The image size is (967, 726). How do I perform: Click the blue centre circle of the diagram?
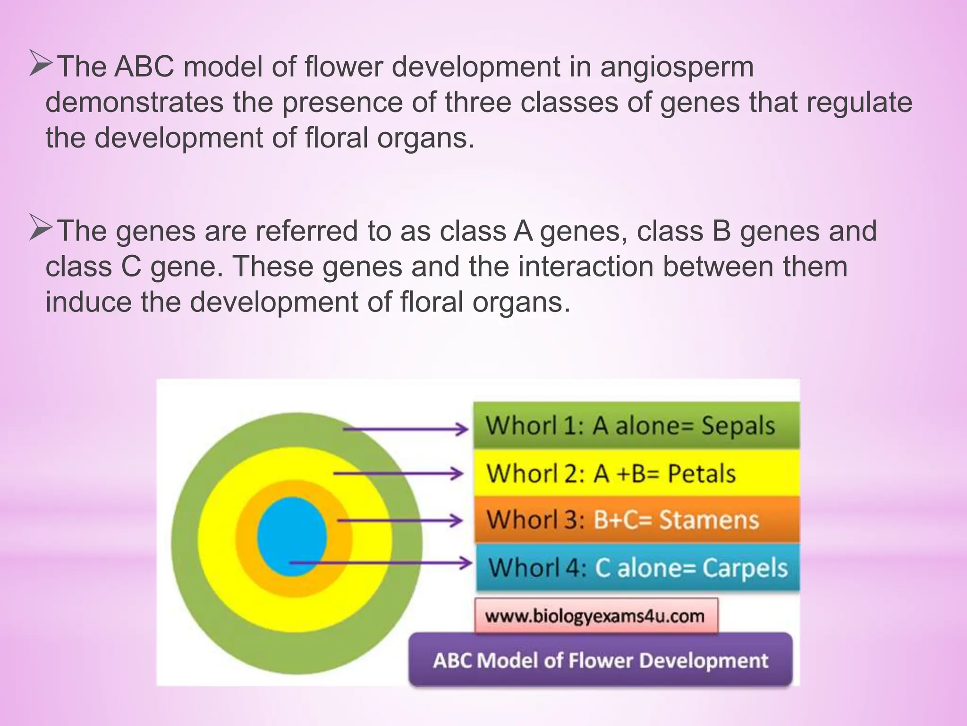tap(292, 536)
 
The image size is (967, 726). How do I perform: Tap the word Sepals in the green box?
tap(738, 425)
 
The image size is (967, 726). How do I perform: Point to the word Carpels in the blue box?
tap(745, 568)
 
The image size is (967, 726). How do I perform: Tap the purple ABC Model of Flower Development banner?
tap(600, 660)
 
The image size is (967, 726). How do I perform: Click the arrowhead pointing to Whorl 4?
tap(466, 562)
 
